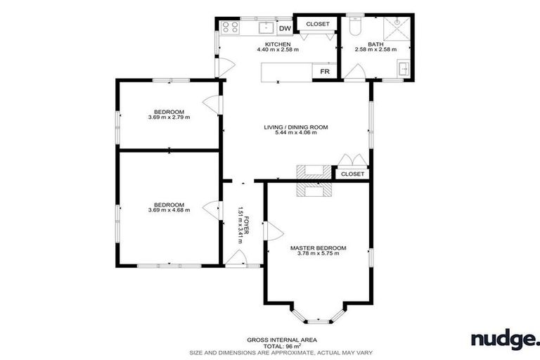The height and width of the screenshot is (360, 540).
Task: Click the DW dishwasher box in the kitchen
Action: pyautogui.click(x=285, y=28)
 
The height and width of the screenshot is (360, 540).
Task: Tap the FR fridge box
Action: pyautogui.click(x=325, y=72)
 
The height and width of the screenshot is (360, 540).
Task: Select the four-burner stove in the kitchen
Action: pyautogui.click(x=229, y=28)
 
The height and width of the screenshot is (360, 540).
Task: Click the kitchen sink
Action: pyautogui.click(x=265, y=28)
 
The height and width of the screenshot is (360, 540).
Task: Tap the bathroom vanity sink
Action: pyautogui.click(x=403, y=69)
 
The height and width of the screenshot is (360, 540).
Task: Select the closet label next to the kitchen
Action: pyautogui.click(x=317, y=24)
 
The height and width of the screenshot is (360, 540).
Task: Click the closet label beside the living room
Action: pyautogui.click(x=352, y=174)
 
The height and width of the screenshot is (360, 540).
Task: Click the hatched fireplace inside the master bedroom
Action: pyautogui.click(x=314, y=189)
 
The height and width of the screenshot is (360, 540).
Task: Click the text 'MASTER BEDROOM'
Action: pyautogui.click(x=319, y=247)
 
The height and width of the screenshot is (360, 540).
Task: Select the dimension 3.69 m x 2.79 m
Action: pyautogui.click(x=169, y=117)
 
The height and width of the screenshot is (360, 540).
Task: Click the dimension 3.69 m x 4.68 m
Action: pyautogui.click(x=169, y=210)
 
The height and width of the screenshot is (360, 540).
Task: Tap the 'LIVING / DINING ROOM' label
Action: pyautogui.click(x=296, y=127)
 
